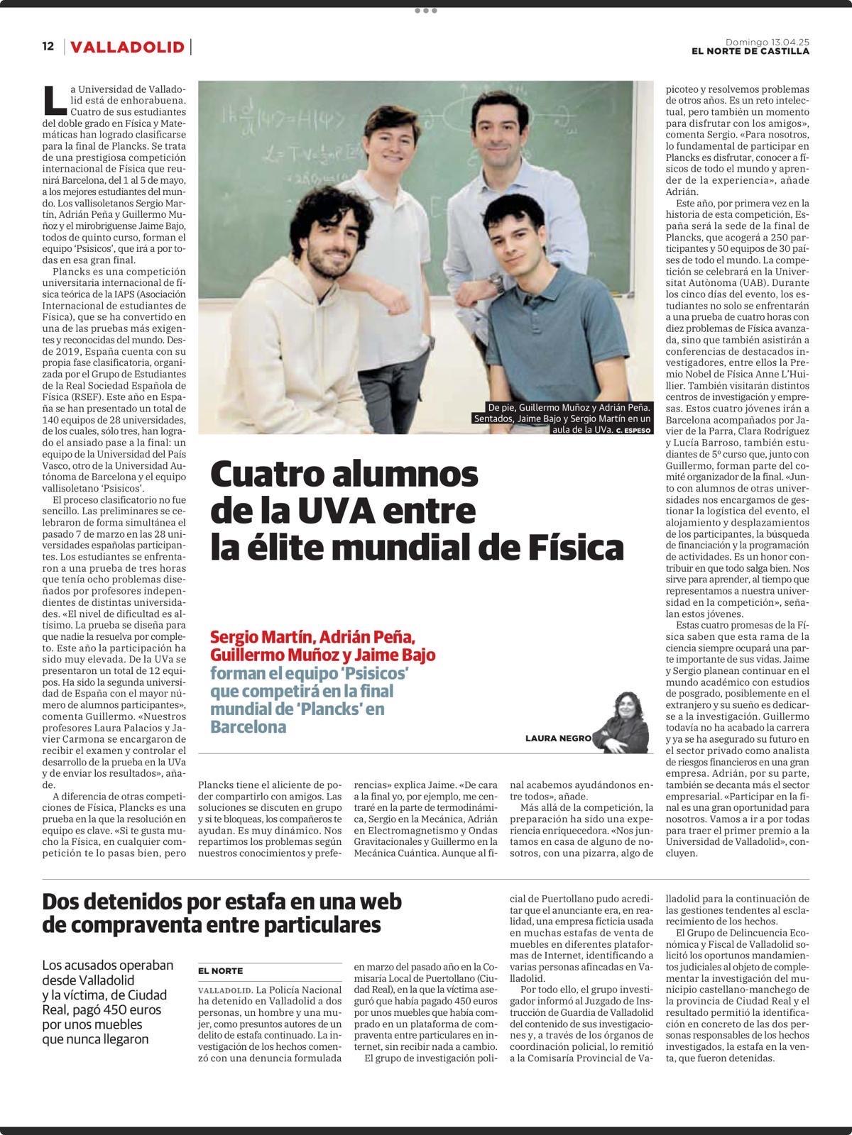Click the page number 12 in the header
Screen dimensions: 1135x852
(x=48, y=47)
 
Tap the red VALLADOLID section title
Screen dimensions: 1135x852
(x=128, y=48)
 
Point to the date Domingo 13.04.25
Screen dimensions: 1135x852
(x=767, y=42)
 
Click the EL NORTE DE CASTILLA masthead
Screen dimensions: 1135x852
(x=751, y=51)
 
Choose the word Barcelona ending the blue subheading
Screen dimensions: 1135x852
(x=248, y=727)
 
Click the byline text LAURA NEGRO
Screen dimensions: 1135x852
(x=558, y=738)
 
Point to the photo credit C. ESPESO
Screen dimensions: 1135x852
(x=634, y=430)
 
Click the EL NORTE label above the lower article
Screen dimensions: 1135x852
(x=220, y=971)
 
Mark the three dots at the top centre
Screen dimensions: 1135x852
(x=425, y=11)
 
